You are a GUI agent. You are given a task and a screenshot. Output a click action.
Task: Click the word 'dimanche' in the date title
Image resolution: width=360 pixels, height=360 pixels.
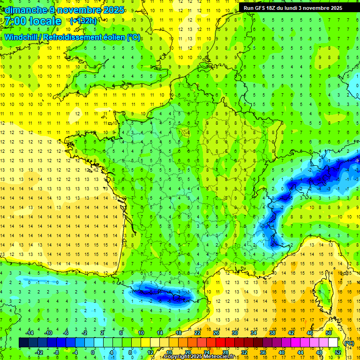26,10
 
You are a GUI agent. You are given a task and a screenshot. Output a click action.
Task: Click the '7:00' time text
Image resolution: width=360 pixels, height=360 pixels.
15,22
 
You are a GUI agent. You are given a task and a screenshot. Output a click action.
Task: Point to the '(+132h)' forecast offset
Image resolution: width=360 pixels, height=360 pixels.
83,21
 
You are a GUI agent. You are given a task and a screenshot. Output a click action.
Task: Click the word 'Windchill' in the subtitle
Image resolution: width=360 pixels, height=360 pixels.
22,37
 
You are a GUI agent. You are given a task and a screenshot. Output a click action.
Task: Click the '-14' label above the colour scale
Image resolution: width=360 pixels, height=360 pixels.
29,333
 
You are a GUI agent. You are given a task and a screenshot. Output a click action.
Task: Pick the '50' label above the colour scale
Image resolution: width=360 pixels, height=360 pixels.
329,333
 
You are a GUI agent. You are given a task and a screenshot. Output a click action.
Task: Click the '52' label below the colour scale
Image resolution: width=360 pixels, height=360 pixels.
337,352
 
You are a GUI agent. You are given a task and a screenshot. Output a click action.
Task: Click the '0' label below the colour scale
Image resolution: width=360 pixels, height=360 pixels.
92,352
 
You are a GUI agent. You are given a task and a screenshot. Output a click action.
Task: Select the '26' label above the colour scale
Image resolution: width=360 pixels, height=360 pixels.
216,333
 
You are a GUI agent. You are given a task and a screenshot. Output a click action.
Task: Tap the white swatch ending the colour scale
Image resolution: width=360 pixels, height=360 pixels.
333,343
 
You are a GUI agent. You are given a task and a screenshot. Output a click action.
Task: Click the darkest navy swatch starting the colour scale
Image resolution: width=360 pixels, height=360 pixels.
23,343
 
